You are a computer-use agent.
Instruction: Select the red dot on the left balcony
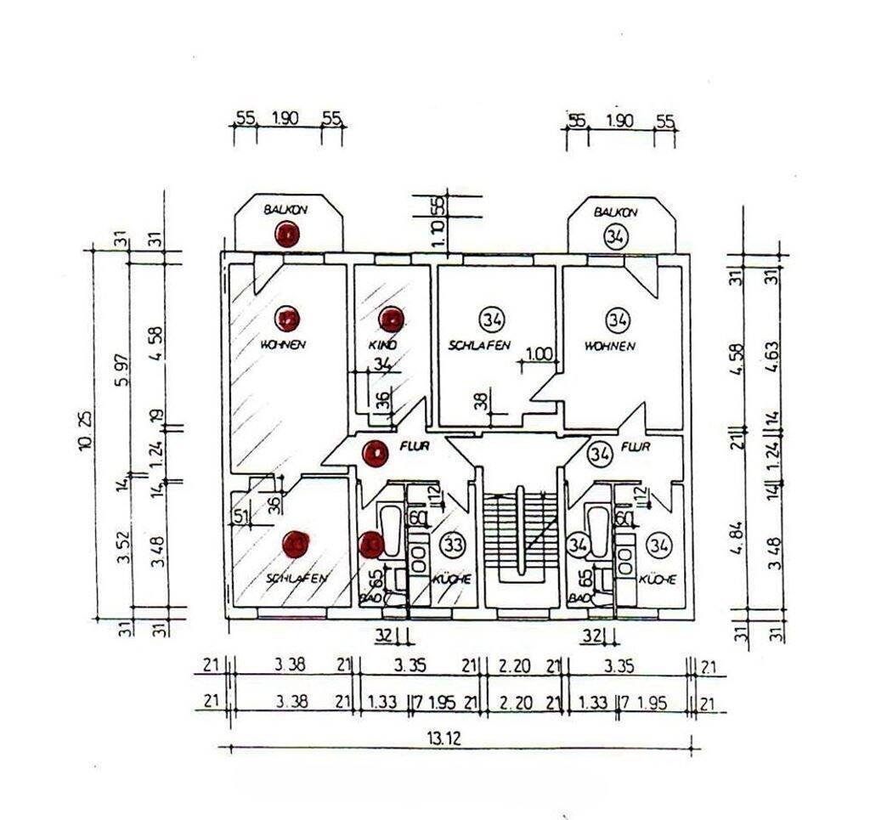point(288,235)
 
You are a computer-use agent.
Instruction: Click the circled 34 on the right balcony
point(615,237)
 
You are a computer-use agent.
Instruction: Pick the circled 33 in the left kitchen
point(455,544)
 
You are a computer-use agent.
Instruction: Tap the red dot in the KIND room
point(391,320)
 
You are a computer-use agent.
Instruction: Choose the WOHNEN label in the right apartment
point(610,346)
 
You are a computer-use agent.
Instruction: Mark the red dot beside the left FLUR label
point(374,454)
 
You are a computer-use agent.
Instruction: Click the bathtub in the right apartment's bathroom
point(596,532)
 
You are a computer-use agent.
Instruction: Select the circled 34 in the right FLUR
point(602,454)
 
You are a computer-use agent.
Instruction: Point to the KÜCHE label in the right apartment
point(657,580)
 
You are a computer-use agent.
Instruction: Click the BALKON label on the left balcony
point(285,209)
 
